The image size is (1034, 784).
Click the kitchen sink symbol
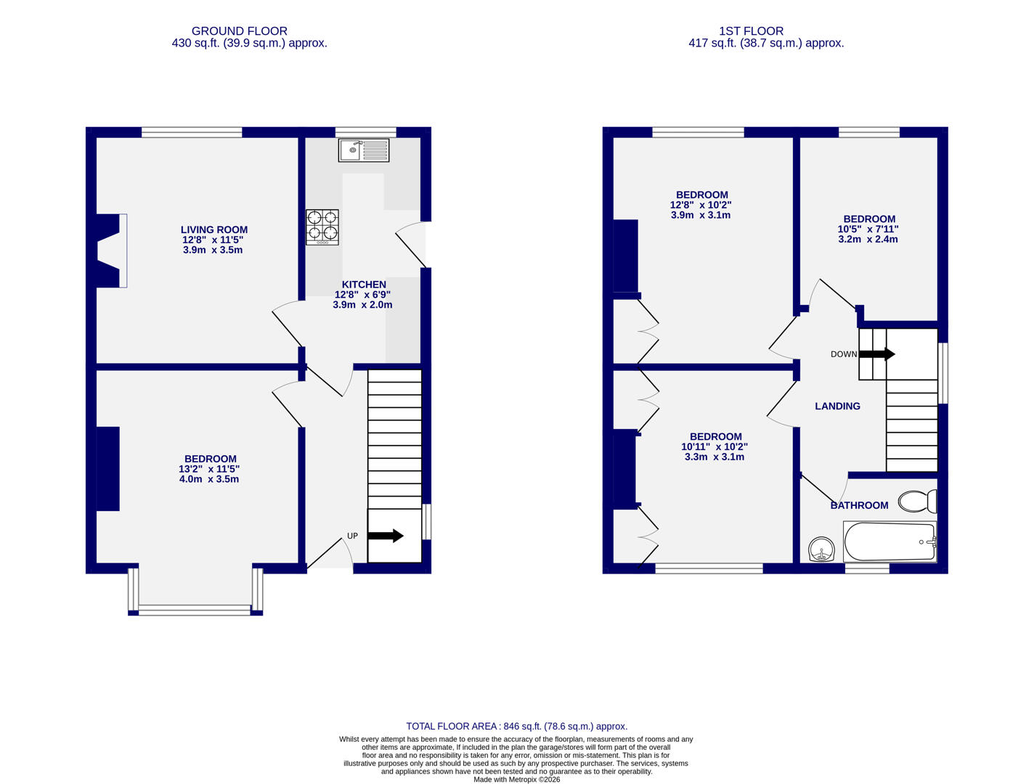tap(363, 150)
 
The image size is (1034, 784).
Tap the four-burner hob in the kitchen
tap(322, 226)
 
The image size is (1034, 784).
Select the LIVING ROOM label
tap(213, 230)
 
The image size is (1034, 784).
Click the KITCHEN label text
tap(364, 285)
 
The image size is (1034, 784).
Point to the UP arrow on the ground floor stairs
tap(386, 536)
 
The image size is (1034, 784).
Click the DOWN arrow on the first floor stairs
tap(877, 354)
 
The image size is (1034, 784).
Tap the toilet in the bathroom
tap(917, 501)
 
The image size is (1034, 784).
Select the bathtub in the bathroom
tap(890, 542)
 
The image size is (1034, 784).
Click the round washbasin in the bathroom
tap(822, 550)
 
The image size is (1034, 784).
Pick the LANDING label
tap(837, 407)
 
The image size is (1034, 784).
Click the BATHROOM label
tap(859, 505)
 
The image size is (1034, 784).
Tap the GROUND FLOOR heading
tap(239, 31)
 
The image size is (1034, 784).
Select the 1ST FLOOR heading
tap(751, 31)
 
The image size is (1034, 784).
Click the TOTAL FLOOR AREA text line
tap(516, 726)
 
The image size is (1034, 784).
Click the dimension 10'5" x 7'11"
tap(868, 229)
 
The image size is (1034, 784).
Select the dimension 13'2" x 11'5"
tap(209, 469)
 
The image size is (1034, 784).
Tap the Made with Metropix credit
tap(516, 780)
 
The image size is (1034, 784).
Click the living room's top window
tap(192, 132)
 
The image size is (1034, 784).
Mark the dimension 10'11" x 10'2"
tap(715, 447)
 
